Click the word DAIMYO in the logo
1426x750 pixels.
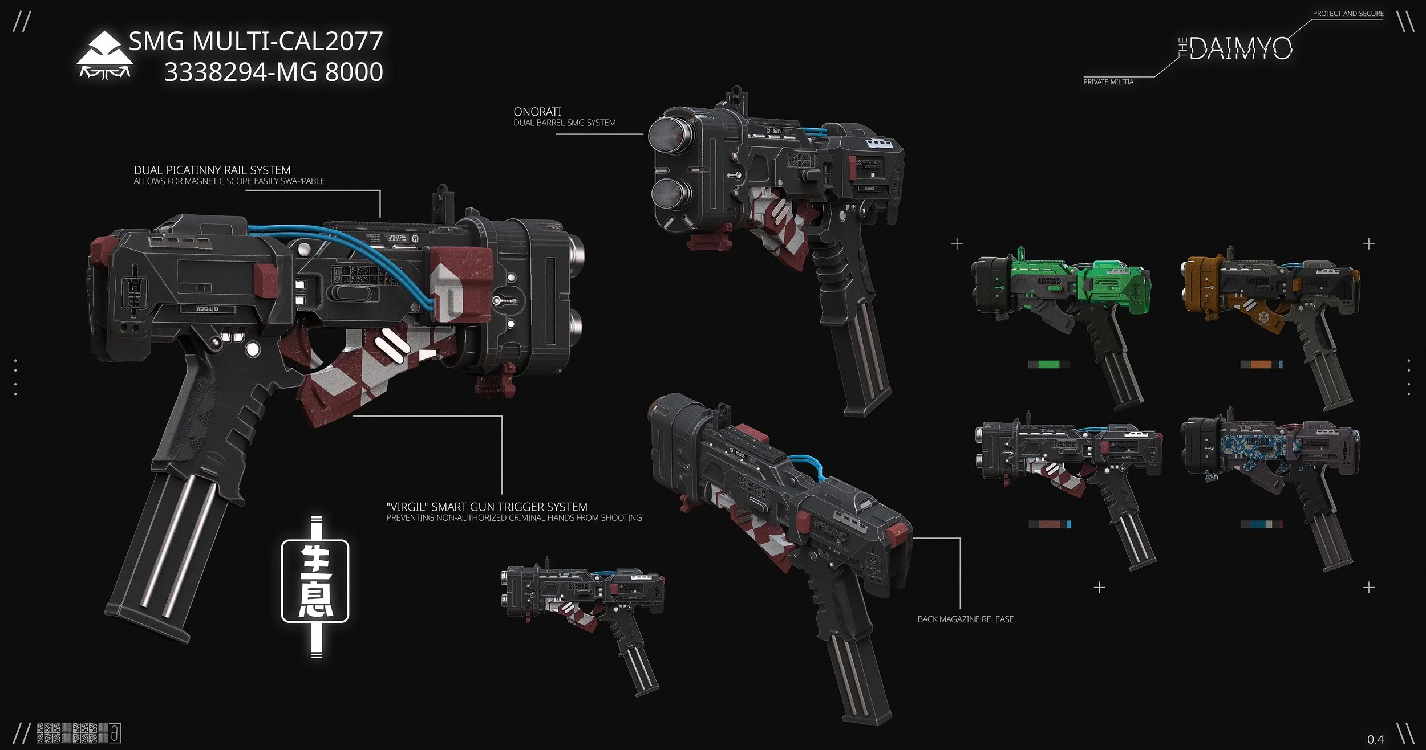coord(1241,49)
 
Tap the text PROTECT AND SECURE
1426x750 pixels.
coord(1348,13)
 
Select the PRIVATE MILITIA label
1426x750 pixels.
coord(1108,82)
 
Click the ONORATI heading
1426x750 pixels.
coord(537,112)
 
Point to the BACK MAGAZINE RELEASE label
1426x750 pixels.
coord(965,619)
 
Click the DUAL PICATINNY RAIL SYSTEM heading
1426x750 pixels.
coord(212,170)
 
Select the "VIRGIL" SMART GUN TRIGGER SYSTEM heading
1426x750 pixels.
coord(487,507)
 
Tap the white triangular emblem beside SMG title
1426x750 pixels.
coord(104,55)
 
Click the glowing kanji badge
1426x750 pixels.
coord(315,587)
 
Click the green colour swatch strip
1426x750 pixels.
coord(1049,364)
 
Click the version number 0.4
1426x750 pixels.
coord(1375,740)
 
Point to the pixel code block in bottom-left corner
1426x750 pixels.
coord(72,733)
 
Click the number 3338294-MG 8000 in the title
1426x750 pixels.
coord(273,72)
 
